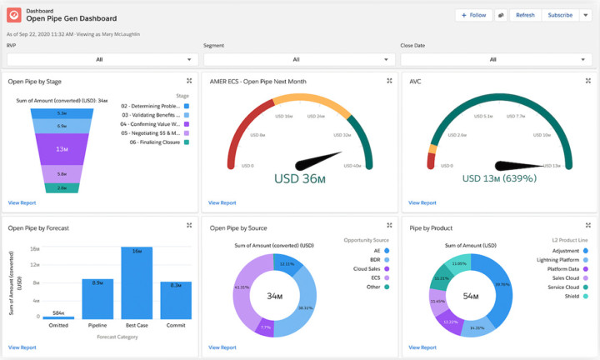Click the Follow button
pos(473,15)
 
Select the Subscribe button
pos(560,15)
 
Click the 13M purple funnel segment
pos(62,149)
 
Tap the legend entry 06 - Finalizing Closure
pos(155,142)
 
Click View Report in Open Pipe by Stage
pos(22,202)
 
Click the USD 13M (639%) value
pos(498,177)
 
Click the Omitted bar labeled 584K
pos(57,317)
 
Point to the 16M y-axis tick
pos(34,248)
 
